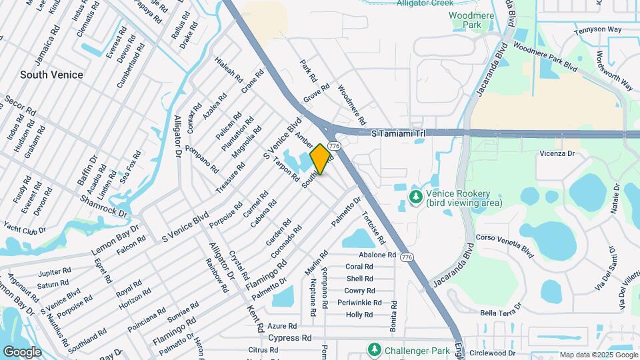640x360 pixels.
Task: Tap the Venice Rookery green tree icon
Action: pos(415,197)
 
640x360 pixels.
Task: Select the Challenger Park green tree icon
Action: pos(375,349)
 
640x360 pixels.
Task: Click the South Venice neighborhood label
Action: pos(51,75)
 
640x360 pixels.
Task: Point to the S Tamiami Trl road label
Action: pos(397,134)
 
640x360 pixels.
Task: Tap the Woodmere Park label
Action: pos(465,20)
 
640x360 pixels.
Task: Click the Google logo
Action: pos(22,351)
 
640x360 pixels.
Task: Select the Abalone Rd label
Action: pos(377,255)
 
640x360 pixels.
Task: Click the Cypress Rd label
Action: pos(290,338)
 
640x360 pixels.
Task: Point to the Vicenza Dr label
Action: pos(557,153)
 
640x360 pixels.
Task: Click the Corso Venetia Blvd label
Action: pos(505,245)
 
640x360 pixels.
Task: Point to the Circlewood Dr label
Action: pos(512,353)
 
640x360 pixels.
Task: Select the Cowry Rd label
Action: pos(359,291)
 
